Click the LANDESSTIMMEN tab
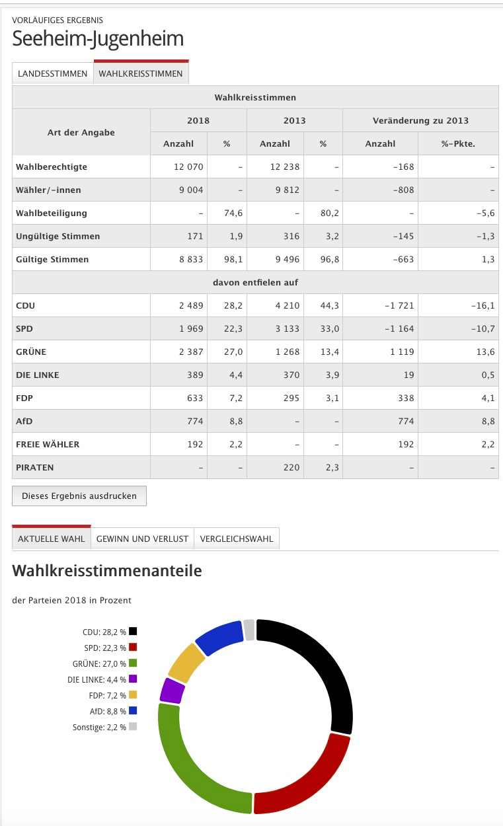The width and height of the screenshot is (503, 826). [x=53, y=73]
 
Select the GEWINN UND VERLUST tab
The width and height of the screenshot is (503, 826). [x=142, y=539]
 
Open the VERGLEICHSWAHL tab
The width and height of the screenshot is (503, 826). [x=237, y=539]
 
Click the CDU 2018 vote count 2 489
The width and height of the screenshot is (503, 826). [x=191, y=306]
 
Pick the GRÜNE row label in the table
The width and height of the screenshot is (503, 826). [x=31, y=352]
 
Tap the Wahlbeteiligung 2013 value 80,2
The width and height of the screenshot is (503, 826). [x=329, y=213]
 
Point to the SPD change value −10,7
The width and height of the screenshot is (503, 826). [x=483, y=328]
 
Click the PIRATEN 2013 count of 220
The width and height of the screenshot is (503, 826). [x=291, y=468]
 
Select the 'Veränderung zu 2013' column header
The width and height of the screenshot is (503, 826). [x=420, y=120]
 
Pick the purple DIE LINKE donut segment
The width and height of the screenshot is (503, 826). [x=172, y=691]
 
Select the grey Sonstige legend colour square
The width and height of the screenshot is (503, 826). [x=133, y=726]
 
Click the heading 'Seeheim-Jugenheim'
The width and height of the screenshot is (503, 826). [x=98, y=38]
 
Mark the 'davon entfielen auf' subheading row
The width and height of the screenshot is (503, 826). [x=255, y=282]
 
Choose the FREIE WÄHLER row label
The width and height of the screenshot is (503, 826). [x=48, y=444]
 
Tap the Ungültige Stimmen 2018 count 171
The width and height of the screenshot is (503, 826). [x=195, y=237]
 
